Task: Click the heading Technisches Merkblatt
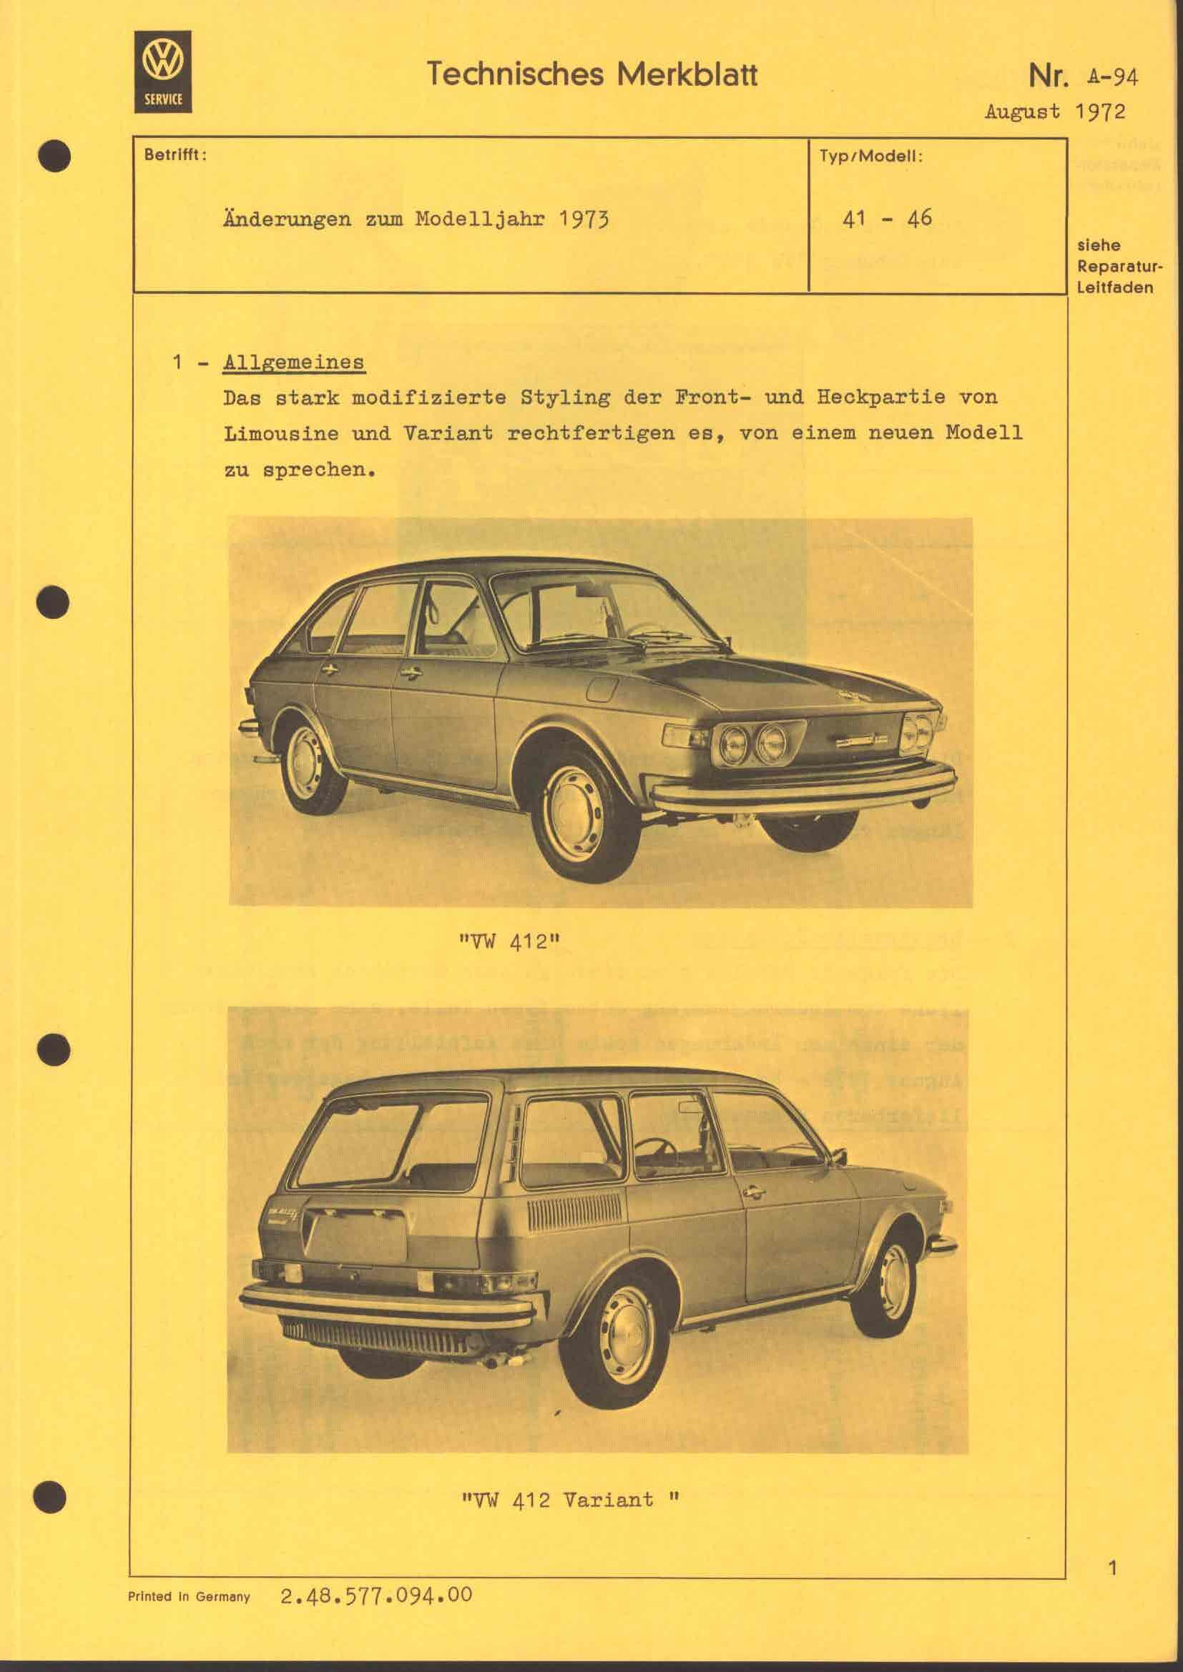coord(591,74)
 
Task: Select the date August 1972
coord(1054,111)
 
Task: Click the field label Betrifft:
coord(175,155)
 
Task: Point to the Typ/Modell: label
coord(871,156)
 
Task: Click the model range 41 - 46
coord(886,218)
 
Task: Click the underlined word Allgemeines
coord(293,362)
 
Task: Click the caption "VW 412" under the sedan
coord(509,941)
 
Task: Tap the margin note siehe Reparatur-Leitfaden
coord(1114,266)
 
